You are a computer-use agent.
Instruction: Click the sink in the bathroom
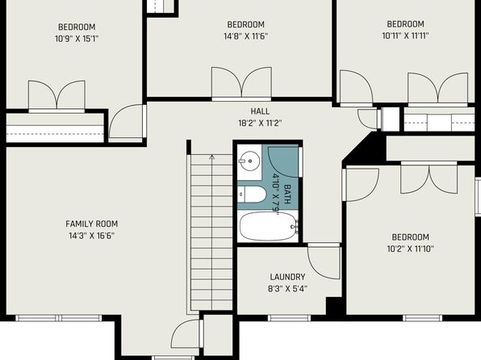249,161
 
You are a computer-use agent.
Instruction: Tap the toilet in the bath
252,195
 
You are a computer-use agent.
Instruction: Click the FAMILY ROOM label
92,224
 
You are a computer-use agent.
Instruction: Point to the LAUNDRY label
287,277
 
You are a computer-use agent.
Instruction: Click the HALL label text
260,111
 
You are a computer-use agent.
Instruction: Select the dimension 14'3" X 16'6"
92,236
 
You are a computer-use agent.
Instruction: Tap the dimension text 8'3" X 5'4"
287,289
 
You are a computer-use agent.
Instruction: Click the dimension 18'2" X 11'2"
260,123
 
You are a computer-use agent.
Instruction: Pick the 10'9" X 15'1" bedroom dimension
77,39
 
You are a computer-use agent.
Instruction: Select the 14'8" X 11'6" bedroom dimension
245,36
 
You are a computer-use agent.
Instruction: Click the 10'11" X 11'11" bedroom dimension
405,36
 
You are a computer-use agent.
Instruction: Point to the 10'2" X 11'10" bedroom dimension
411,249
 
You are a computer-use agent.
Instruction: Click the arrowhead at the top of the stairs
212,157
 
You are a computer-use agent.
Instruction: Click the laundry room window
289,318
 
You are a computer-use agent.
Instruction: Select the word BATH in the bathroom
287,195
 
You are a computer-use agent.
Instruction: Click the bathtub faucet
295,227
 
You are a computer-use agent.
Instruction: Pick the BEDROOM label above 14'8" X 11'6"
245,24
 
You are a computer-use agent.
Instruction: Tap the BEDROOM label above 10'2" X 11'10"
411,237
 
